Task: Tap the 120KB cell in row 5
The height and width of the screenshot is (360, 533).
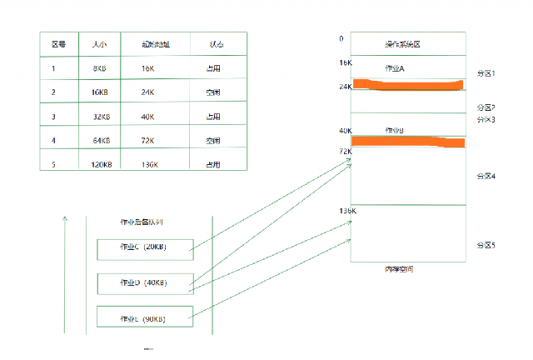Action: pos(101,164)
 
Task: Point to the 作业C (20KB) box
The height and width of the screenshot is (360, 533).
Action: pos(144,247)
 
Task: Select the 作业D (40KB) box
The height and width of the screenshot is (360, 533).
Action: pos(144,282)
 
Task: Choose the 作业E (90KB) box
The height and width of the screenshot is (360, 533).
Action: pos(144,318)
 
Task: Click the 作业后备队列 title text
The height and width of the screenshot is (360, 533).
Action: pos(143,222)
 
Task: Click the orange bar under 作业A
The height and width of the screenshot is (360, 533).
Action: pos(408,84)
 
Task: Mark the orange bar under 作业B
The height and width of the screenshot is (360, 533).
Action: pos(408,142)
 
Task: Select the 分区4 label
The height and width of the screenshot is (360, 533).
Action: pos(486,176)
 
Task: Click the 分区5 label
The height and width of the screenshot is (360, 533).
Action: pos(486,245)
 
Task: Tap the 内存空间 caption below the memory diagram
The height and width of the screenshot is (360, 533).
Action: pos(399,269)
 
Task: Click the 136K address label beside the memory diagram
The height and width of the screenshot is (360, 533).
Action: pos(347,212)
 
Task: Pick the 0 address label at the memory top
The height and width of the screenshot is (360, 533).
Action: pos(341,38)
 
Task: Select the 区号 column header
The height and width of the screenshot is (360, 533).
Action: pos(59,44)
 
